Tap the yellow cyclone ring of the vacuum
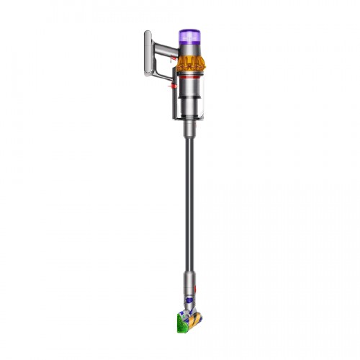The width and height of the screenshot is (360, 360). [x=189, y=63]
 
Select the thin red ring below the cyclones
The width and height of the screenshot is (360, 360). [x=189, y=75]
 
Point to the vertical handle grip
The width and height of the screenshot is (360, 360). [x=148, y=54]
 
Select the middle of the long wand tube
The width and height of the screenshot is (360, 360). [x=189, y=209]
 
